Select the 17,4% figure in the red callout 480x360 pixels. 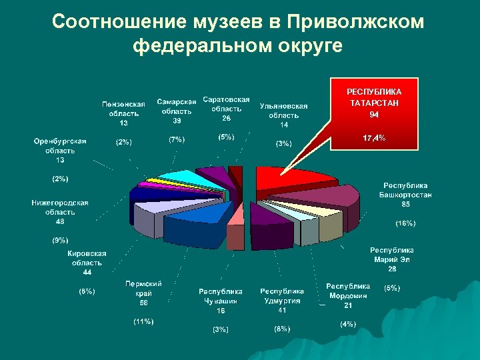374,138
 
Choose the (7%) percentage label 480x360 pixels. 177,140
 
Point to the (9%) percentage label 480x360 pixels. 60,239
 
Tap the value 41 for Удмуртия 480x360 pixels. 282,310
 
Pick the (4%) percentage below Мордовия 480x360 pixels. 347,324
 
